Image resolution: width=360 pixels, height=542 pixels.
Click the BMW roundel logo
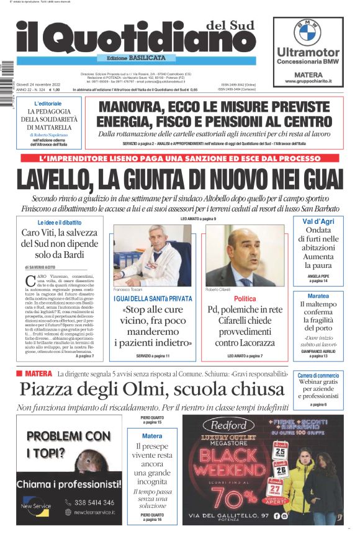(x=307, y=32)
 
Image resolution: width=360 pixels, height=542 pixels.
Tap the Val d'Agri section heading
(x=318, y=221)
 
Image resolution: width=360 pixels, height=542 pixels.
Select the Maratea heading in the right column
(x=318, y=296)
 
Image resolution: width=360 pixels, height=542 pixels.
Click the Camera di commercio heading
(x=318, y=376)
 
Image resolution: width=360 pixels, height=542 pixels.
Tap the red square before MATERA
(x=20, y=373)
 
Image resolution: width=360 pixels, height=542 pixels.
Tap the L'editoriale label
(x=48, y=104)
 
